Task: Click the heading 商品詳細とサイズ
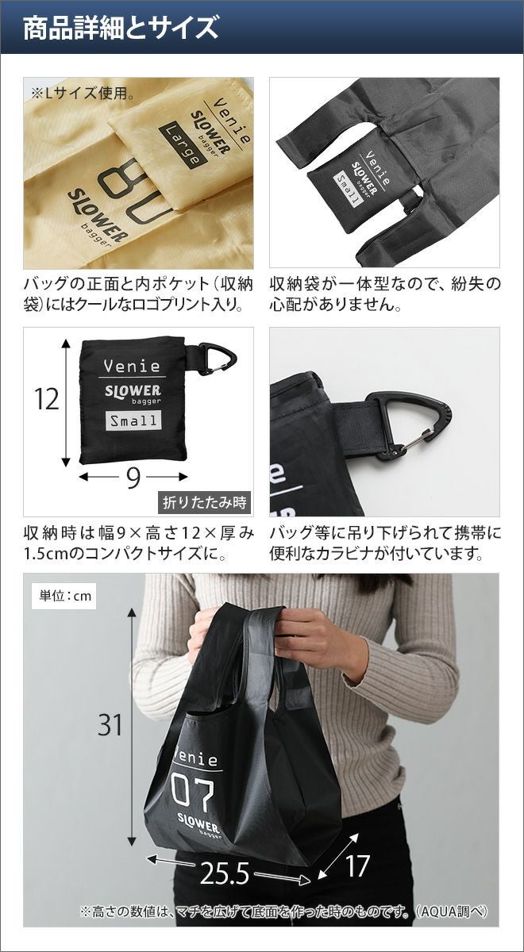[x=121, y=28]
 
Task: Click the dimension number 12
[x=46, y=400]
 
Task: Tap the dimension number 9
[x=133, y=478]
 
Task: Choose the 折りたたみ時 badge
[x=205, y=503]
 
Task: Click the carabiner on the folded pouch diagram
[x=218, y=358]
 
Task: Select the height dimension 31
[x=110, y=724]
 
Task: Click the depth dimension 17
[x=356, y=866]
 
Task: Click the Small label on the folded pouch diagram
[x=133, y=420]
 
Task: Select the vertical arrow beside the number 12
[x=65, y=402]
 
